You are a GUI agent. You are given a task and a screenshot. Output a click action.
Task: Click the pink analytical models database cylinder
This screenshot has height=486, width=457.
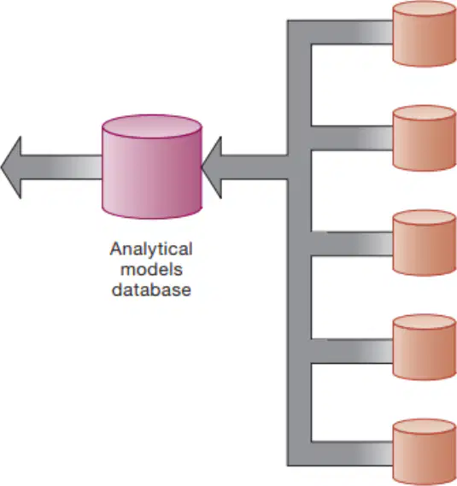(152, 167)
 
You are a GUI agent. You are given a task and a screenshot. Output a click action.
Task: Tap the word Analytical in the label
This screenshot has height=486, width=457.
(151, 249)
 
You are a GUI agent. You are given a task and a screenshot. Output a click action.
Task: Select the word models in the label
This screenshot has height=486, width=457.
(151, 269)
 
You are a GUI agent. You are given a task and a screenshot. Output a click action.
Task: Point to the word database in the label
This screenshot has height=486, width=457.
(151, 290)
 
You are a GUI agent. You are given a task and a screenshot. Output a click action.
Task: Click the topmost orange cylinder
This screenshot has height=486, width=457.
(425, 33)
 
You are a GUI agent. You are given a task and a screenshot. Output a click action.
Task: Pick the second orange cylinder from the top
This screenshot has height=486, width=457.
(425, 138)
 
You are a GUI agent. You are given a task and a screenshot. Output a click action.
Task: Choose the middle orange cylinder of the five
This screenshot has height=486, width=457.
(425, 243)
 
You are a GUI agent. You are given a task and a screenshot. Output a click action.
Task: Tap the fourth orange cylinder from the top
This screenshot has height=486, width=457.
(425, 347)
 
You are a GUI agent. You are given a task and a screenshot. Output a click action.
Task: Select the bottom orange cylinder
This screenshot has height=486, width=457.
(425, 452)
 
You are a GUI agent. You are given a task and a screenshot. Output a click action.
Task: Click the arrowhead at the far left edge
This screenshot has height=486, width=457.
(12, 167)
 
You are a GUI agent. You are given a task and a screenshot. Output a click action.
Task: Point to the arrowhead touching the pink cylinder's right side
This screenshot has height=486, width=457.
(212, 167)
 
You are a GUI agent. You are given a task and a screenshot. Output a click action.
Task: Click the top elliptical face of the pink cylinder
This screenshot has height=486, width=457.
(152, 126)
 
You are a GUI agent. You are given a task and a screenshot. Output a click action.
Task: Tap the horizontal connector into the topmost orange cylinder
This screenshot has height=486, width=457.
(352, 32)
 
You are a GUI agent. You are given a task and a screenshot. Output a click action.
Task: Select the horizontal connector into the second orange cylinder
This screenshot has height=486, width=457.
(352, 138)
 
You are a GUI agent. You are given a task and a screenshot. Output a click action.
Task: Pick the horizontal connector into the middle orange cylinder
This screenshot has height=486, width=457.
(352, 243)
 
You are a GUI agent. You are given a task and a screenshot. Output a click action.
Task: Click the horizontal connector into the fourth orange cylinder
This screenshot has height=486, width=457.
(352, 351)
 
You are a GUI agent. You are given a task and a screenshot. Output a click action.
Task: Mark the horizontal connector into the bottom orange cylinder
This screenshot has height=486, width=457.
(352, 454)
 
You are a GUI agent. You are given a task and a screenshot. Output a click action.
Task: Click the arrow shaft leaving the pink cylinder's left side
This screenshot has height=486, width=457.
(62, 167)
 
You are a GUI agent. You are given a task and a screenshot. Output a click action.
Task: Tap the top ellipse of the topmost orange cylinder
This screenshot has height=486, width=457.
(425, 9)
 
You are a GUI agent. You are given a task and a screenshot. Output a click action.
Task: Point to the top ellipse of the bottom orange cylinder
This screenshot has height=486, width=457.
(425, 426)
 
